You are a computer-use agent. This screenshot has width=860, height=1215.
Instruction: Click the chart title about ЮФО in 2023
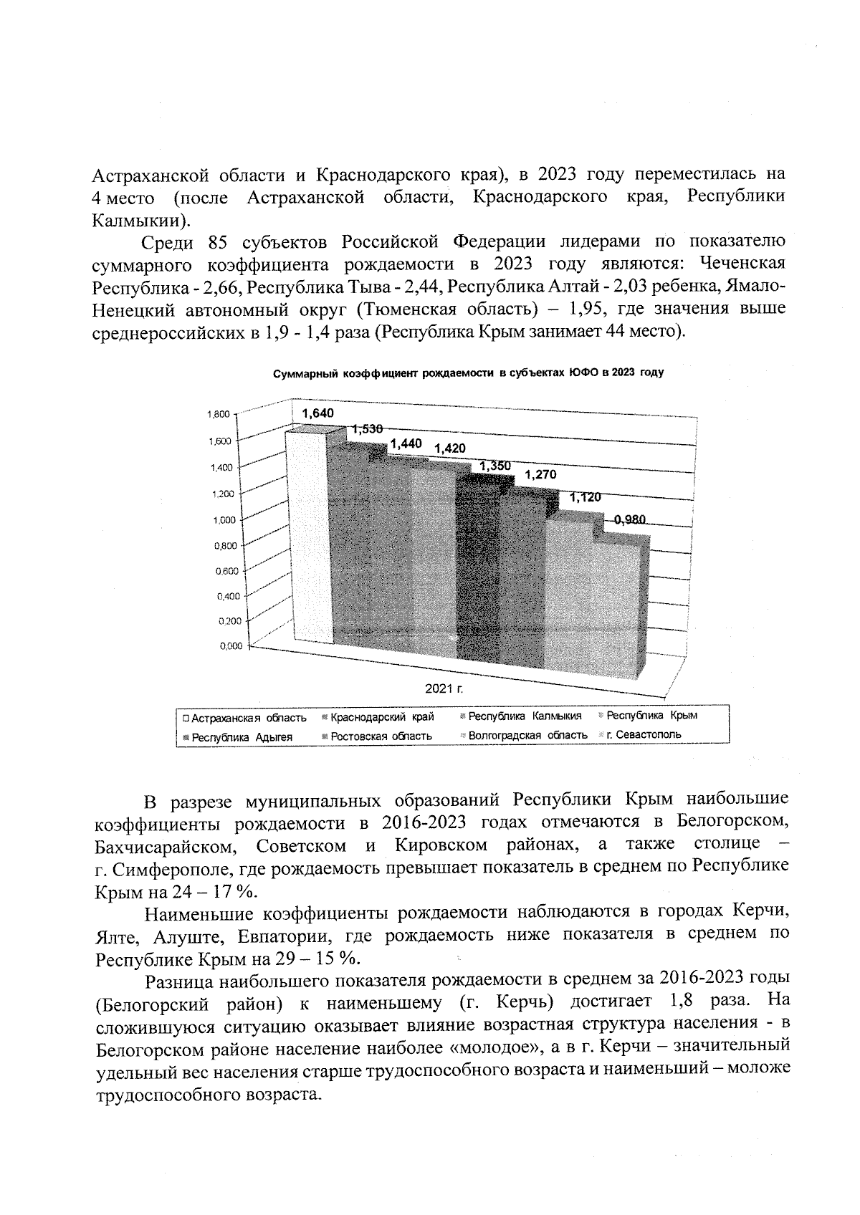pyautogui.click(x=468, y=373)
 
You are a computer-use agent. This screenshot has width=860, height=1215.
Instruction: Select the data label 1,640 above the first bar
pyautogui.click(x=317, y=413)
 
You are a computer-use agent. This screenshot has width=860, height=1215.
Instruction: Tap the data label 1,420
pyautogui.click(x=449, y=448)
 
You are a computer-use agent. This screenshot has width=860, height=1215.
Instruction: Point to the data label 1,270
pyautogui.click(x=540, y=474)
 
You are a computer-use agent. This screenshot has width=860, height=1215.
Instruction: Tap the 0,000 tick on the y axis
pyautogui.click(x=229, y=646)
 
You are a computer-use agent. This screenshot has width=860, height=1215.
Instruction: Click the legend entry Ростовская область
pyautogui.click(x=381, y=736)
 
